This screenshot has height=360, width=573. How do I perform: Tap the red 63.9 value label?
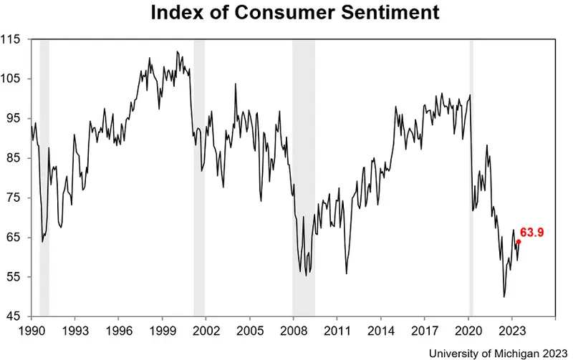tap(533, 233)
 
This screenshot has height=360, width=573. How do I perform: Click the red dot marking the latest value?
tap(519, 241)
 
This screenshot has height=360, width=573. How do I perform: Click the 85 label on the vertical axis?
tap(16, 158)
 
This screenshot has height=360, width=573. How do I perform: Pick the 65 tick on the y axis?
tap(16, 237)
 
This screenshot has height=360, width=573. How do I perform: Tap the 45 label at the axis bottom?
tap(16, 316)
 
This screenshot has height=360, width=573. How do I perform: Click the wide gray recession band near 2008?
tap(304, 179)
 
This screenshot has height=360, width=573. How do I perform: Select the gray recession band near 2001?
tap(199, 179)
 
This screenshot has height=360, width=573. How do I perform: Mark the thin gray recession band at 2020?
tap(471, 179)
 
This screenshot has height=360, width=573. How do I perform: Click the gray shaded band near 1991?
tap(44, 179)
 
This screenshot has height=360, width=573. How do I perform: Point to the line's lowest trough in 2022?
tap(504, 296)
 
